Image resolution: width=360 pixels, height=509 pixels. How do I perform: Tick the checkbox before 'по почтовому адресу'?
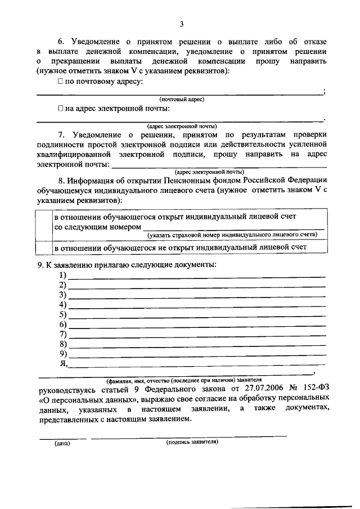[x=60, y=82]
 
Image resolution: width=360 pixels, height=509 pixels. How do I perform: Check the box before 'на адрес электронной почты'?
[x=60, y=109]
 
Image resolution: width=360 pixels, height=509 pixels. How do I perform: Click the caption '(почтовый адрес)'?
[x=182, y=99]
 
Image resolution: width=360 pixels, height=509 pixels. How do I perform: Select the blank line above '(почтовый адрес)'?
[x=180, y=94]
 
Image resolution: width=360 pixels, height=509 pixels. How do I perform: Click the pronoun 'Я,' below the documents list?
[x=63, y=364]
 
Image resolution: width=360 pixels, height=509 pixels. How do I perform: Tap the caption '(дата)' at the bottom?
[x=62, y=443]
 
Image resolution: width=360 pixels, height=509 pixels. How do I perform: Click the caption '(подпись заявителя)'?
[x=192, y=442]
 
